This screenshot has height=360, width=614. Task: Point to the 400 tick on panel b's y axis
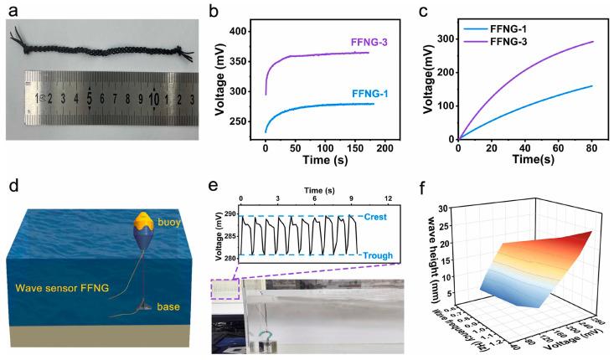244,31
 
